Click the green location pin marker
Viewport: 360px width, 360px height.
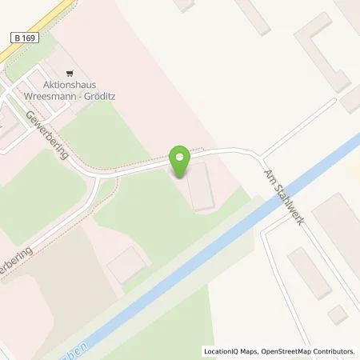(x=181, y=163)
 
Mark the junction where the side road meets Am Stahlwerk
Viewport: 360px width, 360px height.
(x=261, y=154)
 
